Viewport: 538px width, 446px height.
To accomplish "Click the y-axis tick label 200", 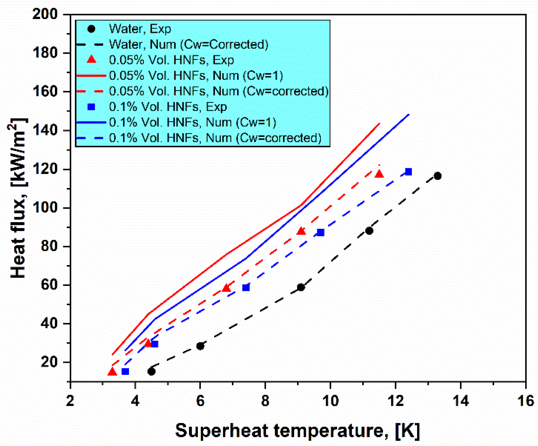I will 45,14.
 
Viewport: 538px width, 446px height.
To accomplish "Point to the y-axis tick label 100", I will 45,208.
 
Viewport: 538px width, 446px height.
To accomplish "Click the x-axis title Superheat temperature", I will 297,431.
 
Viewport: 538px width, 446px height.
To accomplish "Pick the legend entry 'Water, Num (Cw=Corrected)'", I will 189,44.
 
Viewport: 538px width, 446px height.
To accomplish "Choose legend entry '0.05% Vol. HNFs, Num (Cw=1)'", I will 196,75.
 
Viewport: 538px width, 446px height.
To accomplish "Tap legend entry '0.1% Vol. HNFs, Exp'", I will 168,107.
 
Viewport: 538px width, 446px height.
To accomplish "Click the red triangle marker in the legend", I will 92,60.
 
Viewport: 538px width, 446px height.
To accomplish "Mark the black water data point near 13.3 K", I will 438,176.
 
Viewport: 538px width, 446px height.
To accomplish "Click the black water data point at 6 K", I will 200,346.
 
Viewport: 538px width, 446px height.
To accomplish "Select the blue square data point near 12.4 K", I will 408,172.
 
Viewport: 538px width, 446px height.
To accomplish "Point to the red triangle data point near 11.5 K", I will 379,174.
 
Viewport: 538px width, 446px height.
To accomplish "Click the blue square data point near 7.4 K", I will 246,288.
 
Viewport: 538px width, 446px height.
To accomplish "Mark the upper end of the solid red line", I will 379,124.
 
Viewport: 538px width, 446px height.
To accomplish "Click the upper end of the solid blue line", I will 409,114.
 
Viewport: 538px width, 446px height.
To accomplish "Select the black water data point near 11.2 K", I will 369,231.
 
